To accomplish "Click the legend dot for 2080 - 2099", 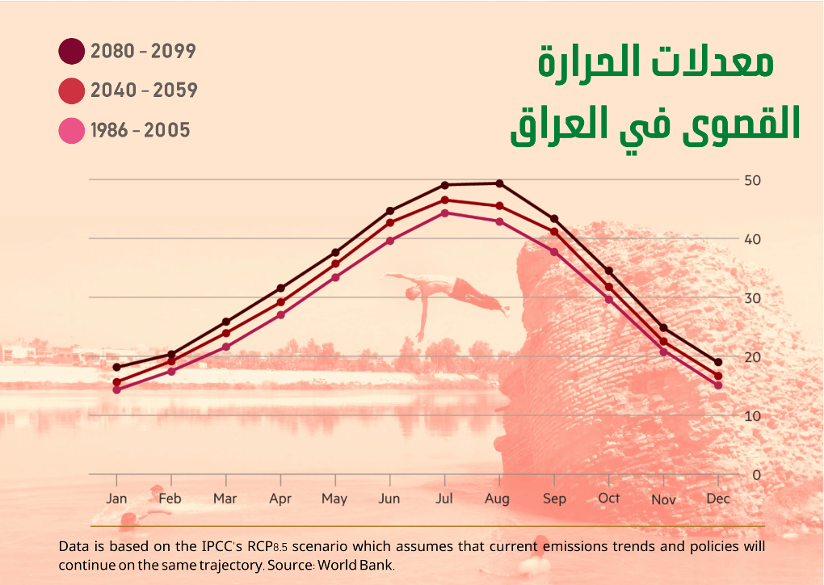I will pos(71,51).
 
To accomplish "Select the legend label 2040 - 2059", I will pos(144,90).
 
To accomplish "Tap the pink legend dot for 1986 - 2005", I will pos(71,130).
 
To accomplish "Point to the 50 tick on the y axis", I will pos(751,179).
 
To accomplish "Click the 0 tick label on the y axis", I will pos(756,475).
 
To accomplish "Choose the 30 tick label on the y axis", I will pos(751,298).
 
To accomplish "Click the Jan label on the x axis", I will pos(116,499).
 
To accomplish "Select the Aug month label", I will pos(498,499).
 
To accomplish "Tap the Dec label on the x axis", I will pos(717,499).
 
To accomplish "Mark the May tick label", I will pos(334,499).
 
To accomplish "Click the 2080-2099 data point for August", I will pos(499,183).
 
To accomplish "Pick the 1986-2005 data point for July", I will pos(444,213).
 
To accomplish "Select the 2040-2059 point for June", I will pos(390,222).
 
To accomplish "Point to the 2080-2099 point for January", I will pos(116,367).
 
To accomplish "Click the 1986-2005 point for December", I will pos(717,385).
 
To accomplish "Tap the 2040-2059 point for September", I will pos(554,232).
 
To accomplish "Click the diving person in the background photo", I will pos(452,295).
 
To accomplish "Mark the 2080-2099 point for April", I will pos(280,288).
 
